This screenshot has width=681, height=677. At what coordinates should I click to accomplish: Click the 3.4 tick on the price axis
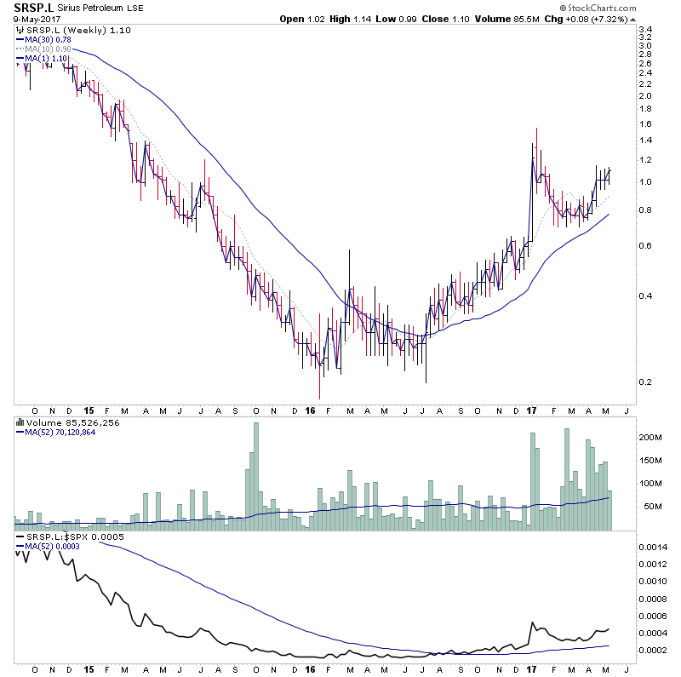pyautogui.click(x=645, y=30)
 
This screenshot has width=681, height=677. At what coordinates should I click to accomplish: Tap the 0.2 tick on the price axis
pyautogui.click(x=645, y=381)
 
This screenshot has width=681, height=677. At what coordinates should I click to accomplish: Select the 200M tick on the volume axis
pyautogui.click(x=650, y=438)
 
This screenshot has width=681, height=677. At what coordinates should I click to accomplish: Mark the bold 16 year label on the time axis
pyautogui.click(x=310, y=408)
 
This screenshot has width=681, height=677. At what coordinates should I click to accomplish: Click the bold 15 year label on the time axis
pyautogui.click(x=88, y=408)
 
